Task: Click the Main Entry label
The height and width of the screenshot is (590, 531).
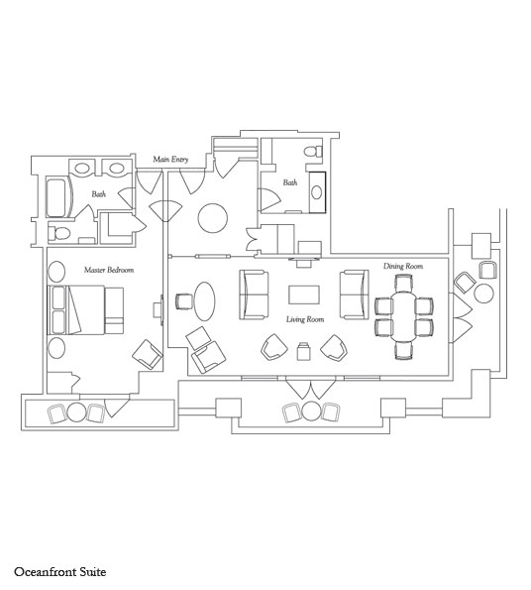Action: click(170, 160)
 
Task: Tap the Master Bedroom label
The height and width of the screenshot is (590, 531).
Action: click(109, 270)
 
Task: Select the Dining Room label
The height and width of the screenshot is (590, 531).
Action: click(403, 266)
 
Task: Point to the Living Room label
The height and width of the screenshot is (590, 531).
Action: click(305, 319)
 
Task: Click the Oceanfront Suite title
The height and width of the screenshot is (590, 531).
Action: click(60, 572)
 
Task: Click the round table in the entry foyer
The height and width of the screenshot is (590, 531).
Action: click(213, 218)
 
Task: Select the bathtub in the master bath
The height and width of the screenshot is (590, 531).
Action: click(58, 197)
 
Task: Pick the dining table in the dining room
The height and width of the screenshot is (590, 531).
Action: click(403, 316)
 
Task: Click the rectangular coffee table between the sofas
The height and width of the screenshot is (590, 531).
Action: click(304, 295)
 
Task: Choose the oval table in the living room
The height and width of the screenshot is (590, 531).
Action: click(205, 301)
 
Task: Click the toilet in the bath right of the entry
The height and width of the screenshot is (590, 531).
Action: click(314, 152)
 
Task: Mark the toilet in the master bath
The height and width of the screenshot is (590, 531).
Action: click(59, 234)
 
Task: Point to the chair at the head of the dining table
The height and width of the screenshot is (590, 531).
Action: click(404, 283)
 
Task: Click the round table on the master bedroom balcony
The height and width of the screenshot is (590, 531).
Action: click(76, 413)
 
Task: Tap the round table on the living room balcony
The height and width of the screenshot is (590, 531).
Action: click(311, 411)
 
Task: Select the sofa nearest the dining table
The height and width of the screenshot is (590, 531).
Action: click(354, 295)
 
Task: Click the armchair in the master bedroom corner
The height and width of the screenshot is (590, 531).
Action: click(148, 354)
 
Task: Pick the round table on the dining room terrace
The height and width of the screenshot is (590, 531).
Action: click(484, 294)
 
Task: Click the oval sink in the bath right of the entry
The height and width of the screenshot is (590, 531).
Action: click(317, 192)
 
